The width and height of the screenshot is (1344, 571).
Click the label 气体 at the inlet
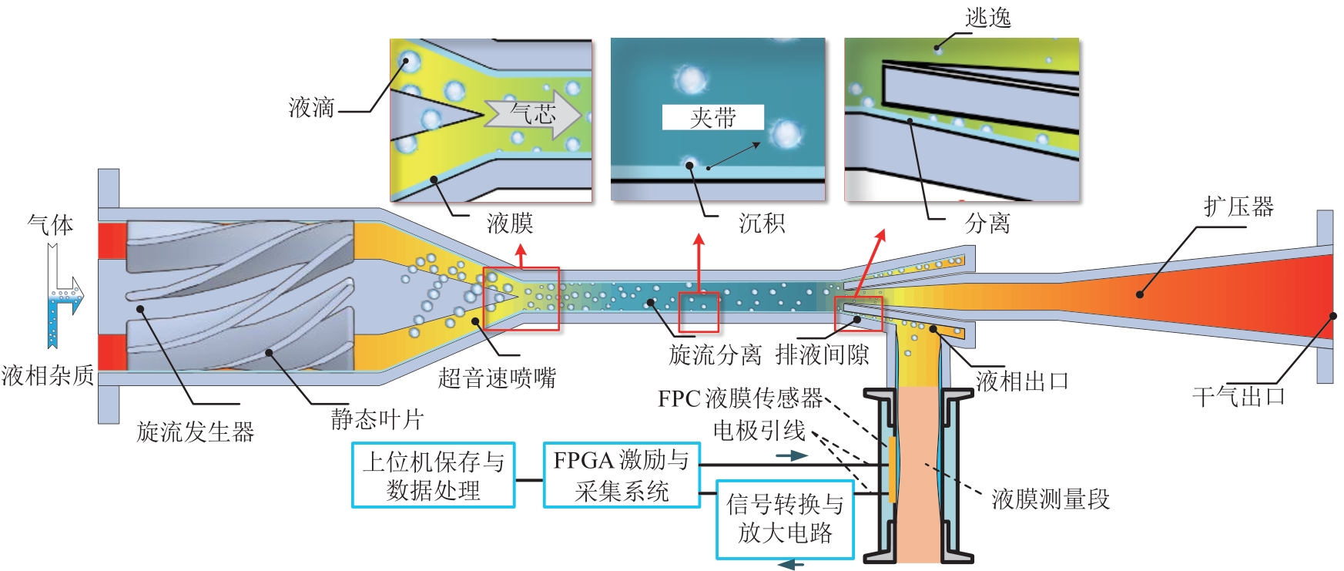51,225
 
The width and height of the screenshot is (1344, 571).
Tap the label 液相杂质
48,375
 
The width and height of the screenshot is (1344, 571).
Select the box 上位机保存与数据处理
433,475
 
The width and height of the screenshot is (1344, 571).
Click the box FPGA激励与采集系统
621,475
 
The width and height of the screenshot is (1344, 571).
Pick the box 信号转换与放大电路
785,519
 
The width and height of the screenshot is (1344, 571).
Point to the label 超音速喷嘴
497,378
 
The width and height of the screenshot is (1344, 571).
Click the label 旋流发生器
196,432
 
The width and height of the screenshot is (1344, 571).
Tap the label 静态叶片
377,419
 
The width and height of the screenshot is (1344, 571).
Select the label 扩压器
1238,207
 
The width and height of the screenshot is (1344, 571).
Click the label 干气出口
1238,397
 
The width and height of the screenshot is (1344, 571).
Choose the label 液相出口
1022,381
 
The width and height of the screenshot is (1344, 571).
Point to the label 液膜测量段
1051,499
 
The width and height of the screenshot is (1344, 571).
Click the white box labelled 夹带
713,117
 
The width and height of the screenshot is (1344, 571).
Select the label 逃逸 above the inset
988,17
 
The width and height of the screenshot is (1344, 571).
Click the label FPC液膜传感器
740,398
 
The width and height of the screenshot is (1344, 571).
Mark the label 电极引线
759,430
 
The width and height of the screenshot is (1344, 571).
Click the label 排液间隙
822,354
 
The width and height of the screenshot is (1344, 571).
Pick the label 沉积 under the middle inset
762,223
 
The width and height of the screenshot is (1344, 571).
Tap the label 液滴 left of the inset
312,107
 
